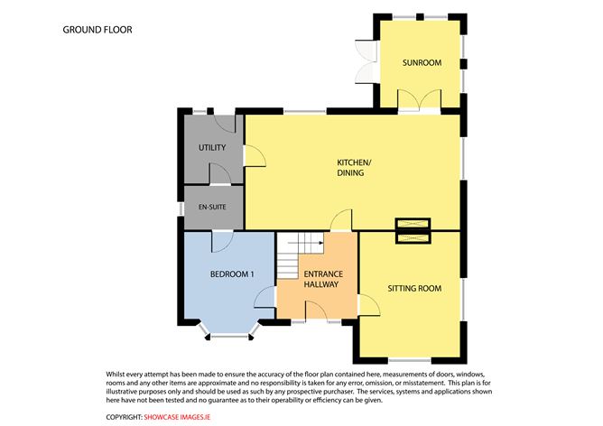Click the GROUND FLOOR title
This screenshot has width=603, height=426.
point(97,30)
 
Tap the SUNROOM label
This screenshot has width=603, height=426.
point(422,62)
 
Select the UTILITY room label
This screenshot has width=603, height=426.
point(212,148)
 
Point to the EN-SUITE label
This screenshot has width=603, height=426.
point(212,207)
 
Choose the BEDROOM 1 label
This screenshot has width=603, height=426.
point(232,274)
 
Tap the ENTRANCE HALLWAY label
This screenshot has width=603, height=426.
point(323,279)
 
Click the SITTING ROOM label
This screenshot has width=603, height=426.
point(414,288)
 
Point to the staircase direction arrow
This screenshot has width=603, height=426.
point(305,243)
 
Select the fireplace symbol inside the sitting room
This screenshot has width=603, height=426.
point(413,238)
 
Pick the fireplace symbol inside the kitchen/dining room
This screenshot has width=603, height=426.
point(413,224)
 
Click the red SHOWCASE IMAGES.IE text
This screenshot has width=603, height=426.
point(177,417)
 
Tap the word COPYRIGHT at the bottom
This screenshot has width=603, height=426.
point(125,417)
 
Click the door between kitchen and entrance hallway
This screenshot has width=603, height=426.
point(341,220)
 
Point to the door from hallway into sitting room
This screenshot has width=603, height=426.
point(369,305)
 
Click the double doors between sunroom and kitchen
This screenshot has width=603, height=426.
point(420,99)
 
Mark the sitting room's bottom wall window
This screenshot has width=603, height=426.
point(410,360)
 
